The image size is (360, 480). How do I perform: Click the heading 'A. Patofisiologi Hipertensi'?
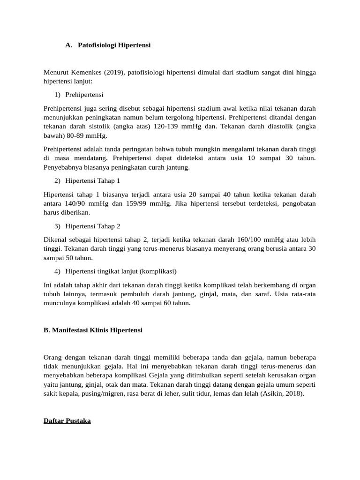pyautogui.click(x=108, y=45)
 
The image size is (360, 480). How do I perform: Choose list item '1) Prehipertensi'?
pyautogui.click(x=79, y=95)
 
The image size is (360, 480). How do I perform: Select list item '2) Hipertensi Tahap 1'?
pyautogui.click(x=87, y=181)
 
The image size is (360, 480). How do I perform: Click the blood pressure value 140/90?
pyautogui.click(x=77, y=203)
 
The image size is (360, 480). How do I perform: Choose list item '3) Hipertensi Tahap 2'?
pyautogui.click(x=87, y=226)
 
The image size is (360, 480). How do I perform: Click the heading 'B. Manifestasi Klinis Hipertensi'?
pyautogui.click(x=93, y=330)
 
